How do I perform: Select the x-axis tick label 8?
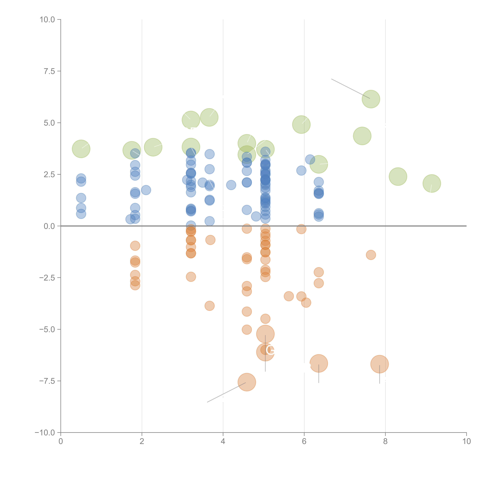click(385, 441)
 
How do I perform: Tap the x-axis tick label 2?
click(142, 441)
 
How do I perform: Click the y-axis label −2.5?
click(47, 278)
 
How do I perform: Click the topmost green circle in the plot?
click(371, 99)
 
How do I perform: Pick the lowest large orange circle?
click(247, 382)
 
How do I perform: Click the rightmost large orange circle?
click(380, 364)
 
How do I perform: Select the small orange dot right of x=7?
click(371, 255)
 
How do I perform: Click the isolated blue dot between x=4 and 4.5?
click(231, 185)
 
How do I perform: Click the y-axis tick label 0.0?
click(49, 226)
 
